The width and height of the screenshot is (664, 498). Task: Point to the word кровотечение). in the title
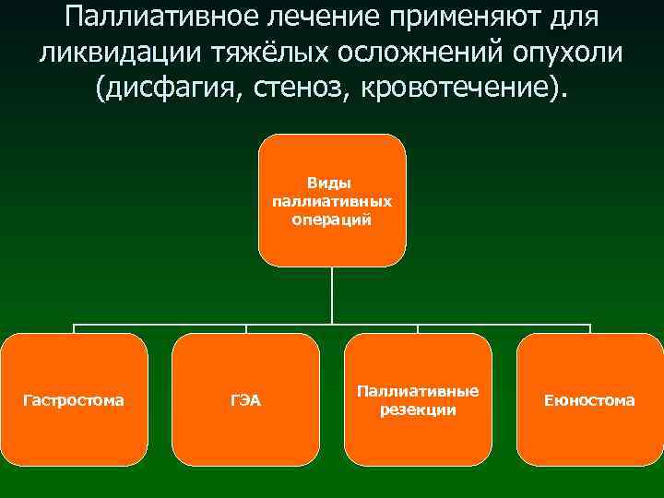[467, 89]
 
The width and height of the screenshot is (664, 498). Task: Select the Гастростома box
[74, 399]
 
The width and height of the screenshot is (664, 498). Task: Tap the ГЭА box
[245, 399]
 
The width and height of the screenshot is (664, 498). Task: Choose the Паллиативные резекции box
[418, 399]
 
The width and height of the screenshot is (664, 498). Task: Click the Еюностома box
[589, 399]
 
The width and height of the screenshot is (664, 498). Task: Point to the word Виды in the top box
[332, 183]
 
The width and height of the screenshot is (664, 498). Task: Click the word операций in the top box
[332, 219]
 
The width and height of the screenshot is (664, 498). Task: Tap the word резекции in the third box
[418, 409]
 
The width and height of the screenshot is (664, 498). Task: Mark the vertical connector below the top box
[332, 295]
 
